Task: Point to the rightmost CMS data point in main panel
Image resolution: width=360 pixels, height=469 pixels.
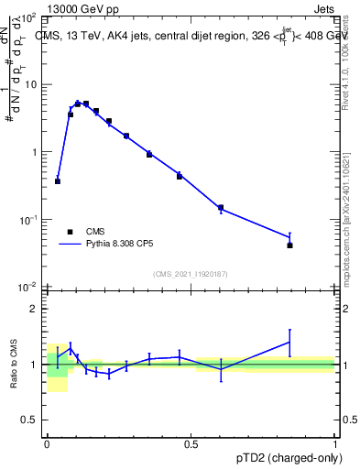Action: tap(289, 245)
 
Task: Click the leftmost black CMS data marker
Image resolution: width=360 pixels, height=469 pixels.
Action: tap(58, 181)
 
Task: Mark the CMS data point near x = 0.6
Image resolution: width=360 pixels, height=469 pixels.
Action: tap(221, 208)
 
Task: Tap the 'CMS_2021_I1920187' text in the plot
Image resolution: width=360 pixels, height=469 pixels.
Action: tap(191, 274)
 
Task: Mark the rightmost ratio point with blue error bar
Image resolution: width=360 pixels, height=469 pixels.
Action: tap(289, 342)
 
